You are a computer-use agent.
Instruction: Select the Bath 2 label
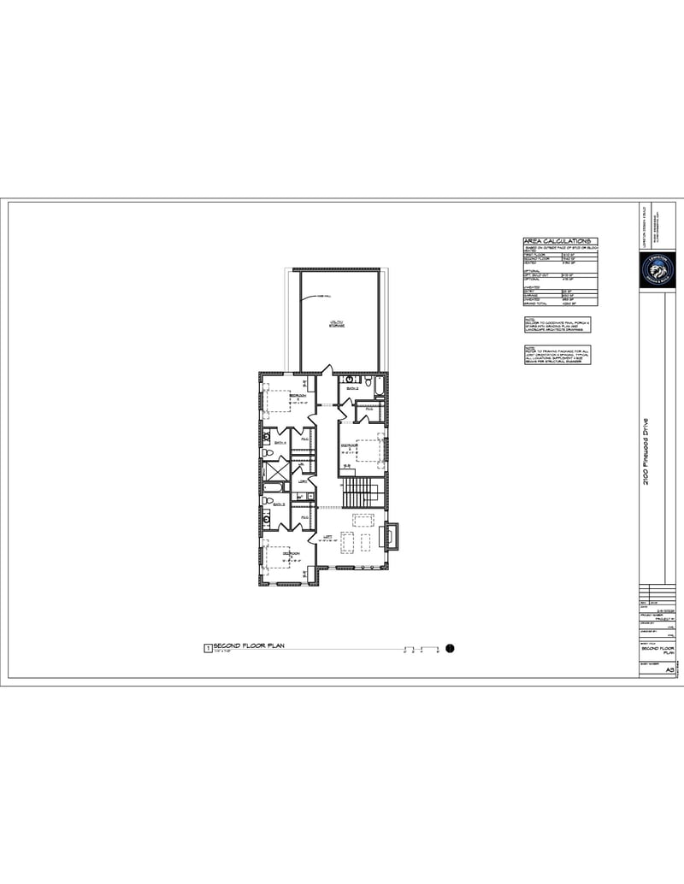click(351, 387)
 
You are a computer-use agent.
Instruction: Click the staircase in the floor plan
click(359, 492)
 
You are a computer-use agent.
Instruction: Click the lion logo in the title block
click(657, 270)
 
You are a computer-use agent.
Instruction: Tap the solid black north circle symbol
click(451, 649)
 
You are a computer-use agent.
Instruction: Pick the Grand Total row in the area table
click(559, 303)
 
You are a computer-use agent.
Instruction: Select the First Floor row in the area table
click(559, 254)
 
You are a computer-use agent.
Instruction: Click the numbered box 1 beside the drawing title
click(206, 649)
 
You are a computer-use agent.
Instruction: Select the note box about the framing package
click(559, 355)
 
